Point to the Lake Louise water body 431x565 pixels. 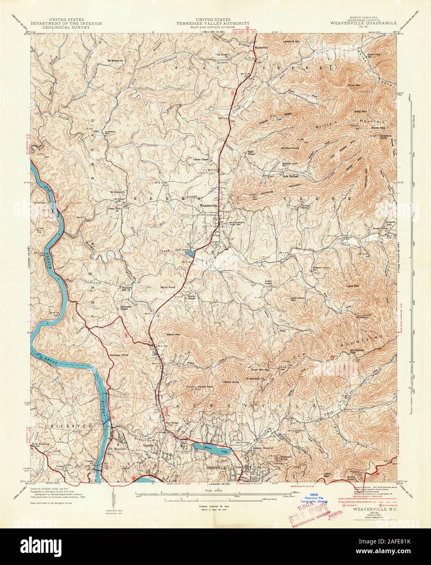(189, 253)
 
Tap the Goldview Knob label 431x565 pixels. (119, 355)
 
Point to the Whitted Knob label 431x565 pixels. (290, 148)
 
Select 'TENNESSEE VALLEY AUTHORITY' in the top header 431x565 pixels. (213, 24)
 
